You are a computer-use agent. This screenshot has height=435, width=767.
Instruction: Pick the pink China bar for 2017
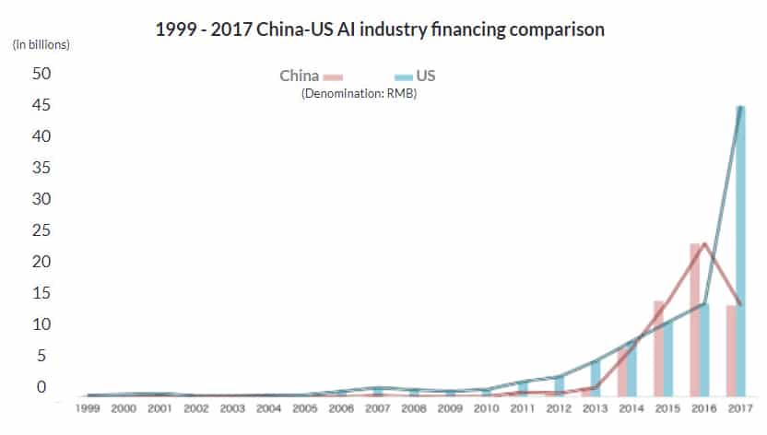731,349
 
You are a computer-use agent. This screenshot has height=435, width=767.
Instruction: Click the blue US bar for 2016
705,349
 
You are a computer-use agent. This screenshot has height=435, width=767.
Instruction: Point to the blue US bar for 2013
596,378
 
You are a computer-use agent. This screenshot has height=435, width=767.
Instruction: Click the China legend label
300,76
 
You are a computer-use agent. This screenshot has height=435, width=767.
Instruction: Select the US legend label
426,76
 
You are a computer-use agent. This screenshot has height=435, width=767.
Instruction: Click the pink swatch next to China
333,77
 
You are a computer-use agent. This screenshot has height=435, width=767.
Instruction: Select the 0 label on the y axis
41,387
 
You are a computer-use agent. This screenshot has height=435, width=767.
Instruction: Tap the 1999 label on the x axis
88,406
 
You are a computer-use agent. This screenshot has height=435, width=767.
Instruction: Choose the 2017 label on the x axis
738,406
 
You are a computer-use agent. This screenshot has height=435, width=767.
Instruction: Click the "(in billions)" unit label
41,43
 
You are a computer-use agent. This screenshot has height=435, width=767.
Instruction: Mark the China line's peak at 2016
705,244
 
